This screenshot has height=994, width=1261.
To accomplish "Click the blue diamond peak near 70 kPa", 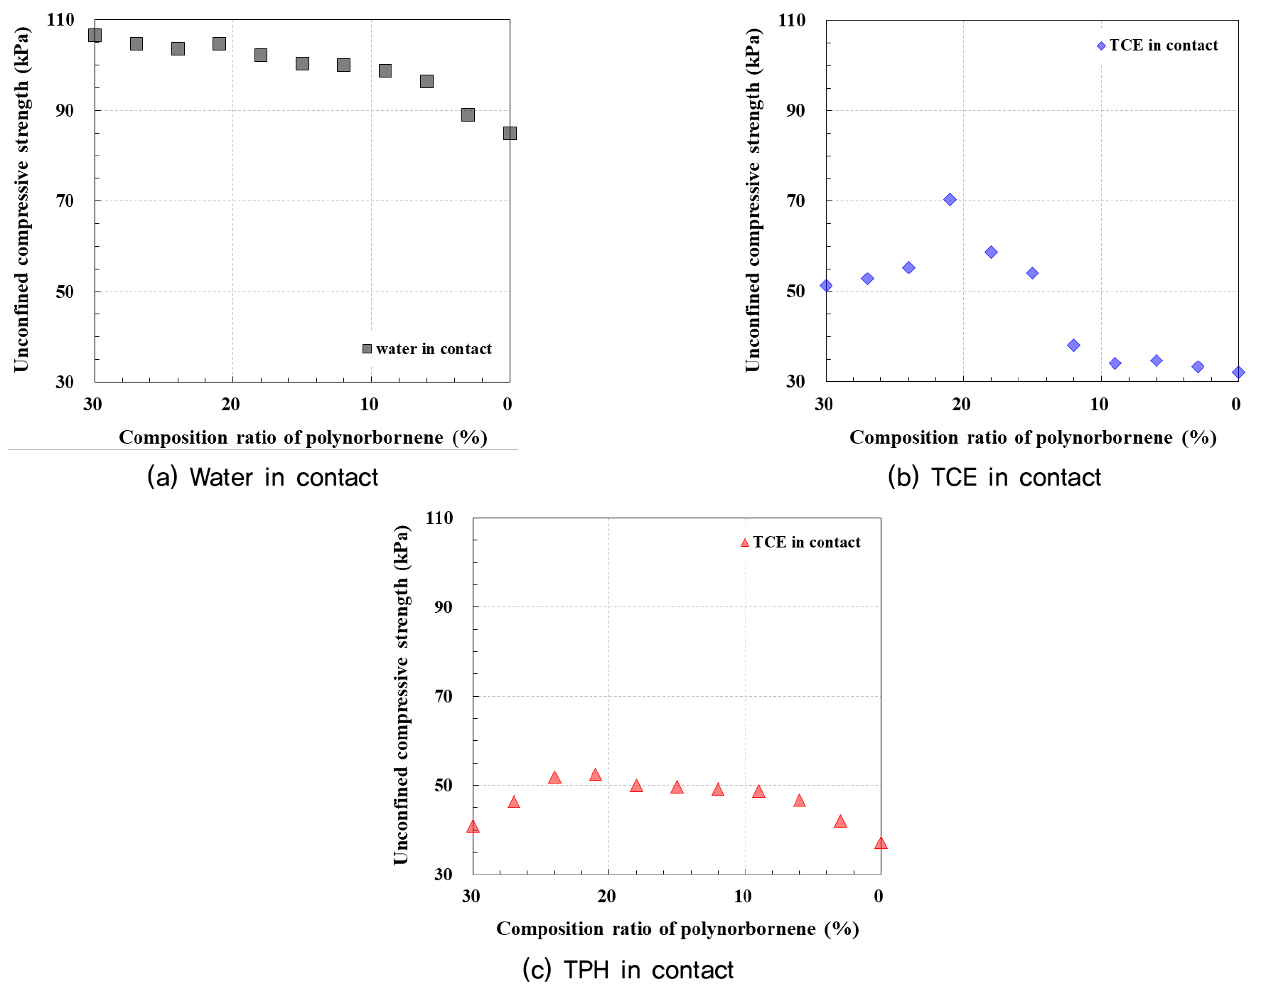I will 950,200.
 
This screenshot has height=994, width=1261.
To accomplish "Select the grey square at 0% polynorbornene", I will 509,133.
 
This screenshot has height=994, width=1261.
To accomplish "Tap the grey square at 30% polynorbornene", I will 95,35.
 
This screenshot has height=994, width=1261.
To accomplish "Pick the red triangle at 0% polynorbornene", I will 881,843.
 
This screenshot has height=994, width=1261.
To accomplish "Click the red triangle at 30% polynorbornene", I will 473,826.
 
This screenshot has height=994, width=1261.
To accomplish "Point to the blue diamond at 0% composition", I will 1238,372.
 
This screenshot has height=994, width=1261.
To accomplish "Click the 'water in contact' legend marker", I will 367,349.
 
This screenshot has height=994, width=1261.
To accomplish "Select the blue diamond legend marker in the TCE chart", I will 1101,46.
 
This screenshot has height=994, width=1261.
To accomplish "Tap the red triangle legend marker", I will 745,543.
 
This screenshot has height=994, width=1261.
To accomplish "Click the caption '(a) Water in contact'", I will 262,477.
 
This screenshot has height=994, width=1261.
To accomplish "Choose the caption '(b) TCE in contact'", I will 994,477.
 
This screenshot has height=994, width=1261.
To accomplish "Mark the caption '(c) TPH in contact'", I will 628,970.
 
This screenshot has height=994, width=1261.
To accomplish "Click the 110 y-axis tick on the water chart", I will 60,20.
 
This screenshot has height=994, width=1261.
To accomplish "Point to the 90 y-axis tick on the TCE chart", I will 795,110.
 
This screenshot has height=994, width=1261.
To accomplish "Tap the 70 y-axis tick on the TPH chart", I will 444,696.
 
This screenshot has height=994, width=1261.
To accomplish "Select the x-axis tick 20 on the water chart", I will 231,405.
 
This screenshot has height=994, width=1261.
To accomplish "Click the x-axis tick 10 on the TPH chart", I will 743,897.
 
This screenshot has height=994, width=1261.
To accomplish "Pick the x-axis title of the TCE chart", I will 1033,437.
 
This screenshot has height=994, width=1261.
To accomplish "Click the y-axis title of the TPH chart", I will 402,695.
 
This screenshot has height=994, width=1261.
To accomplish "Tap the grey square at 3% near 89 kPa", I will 468,114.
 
